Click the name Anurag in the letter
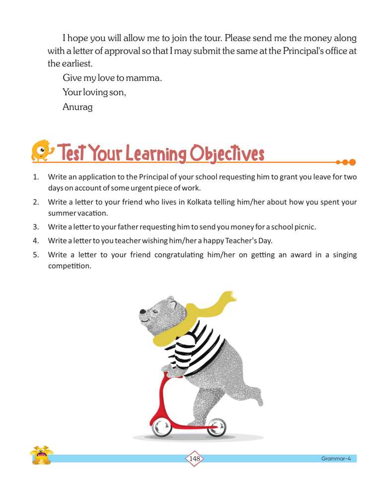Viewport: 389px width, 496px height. [x=78, y=107]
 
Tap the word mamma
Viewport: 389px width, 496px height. [x=146, y=78]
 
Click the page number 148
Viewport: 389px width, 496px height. [x=194, y=458]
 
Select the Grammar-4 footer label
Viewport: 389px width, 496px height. [x=336, y=458]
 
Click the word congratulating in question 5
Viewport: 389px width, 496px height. [x=179, y=255]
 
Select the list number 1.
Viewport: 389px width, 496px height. [x=36, y=177]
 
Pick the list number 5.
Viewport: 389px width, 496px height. [x=36, y=255]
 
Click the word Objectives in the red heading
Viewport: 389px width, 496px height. [x=227, y=154]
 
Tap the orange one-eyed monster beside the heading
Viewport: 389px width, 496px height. [x=42, y=151]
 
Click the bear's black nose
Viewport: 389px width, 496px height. [x=143, y=312]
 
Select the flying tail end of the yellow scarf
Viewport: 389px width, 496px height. [x=229, y=297]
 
